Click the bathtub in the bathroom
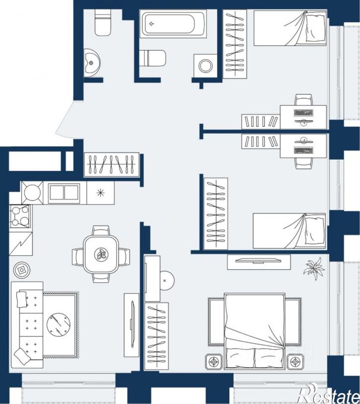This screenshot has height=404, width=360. (173, 24)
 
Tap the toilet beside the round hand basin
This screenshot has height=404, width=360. (103, 22)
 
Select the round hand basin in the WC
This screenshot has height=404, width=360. (92, 63)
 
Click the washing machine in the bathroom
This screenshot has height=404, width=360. (205, 66)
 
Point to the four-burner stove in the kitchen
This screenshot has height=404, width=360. (20, 216)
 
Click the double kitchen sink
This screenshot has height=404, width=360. (65, 192)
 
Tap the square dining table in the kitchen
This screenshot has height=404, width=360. (101, 254)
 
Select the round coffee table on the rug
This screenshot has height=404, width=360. (59, 324)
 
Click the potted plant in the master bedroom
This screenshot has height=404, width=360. (314, 269)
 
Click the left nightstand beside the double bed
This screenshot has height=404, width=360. (214, 362)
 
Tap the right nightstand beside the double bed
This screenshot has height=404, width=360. (295, 362)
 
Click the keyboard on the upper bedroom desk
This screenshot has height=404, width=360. (303, 113)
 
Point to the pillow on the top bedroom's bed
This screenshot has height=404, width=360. (315, 27)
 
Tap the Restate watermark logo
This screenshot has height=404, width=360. (329, 394)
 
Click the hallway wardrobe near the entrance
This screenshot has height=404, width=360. (112, 164)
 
